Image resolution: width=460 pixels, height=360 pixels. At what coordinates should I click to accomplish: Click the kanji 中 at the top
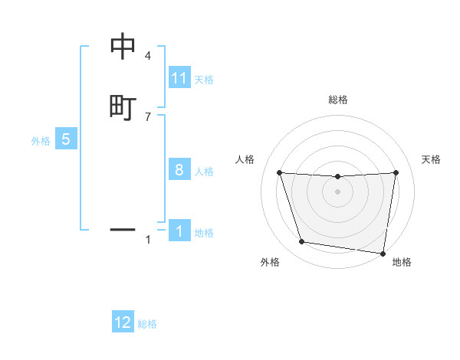click(x=123, y=47)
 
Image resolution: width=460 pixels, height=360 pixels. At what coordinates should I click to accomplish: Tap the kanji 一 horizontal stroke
click(x=123, y=229)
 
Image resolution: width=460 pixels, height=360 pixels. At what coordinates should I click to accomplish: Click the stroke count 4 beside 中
click(x=148, y=56)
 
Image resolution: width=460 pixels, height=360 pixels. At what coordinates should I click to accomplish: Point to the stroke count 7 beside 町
click(x=148, y=116)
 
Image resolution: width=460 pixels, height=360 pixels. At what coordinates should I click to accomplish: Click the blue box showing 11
click(x=179, y=78)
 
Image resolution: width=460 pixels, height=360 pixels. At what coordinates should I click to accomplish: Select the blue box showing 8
click(x=179, y=170)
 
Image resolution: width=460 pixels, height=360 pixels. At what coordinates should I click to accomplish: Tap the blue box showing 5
click(x=66, y=139)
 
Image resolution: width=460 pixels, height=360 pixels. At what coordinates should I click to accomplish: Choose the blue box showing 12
click(x=123, y=322)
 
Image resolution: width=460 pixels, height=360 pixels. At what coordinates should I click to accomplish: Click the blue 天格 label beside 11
click(x=204, y=80)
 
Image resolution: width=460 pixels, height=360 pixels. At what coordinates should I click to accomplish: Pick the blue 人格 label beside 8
click(x=204, y=172)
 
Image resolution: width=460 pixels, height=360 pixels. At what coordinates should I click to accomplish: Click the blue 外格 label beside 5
click(x=41, y=141)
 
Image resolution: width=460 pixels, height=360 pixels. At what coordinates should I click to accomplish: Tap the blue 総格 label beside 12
click(x=147, y=324)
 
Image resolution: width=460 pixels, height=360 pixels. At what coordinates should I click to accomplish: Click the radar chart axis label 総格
click(x=338, y=100)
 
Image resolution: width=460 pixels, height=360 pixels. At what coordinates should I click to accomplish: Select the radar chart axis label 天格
click(x=432, y=159)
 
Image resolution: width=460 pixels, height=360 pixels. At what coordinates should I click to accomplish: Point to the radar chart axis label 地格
click(x=402, y=262)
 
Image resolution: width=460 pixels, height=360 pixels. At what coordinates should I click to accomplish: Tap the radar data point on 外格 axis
click(x=302, y=242)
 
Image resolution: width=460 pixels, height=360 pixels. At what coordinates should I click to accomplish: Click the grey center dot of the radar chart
click(x=338, y=191)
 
